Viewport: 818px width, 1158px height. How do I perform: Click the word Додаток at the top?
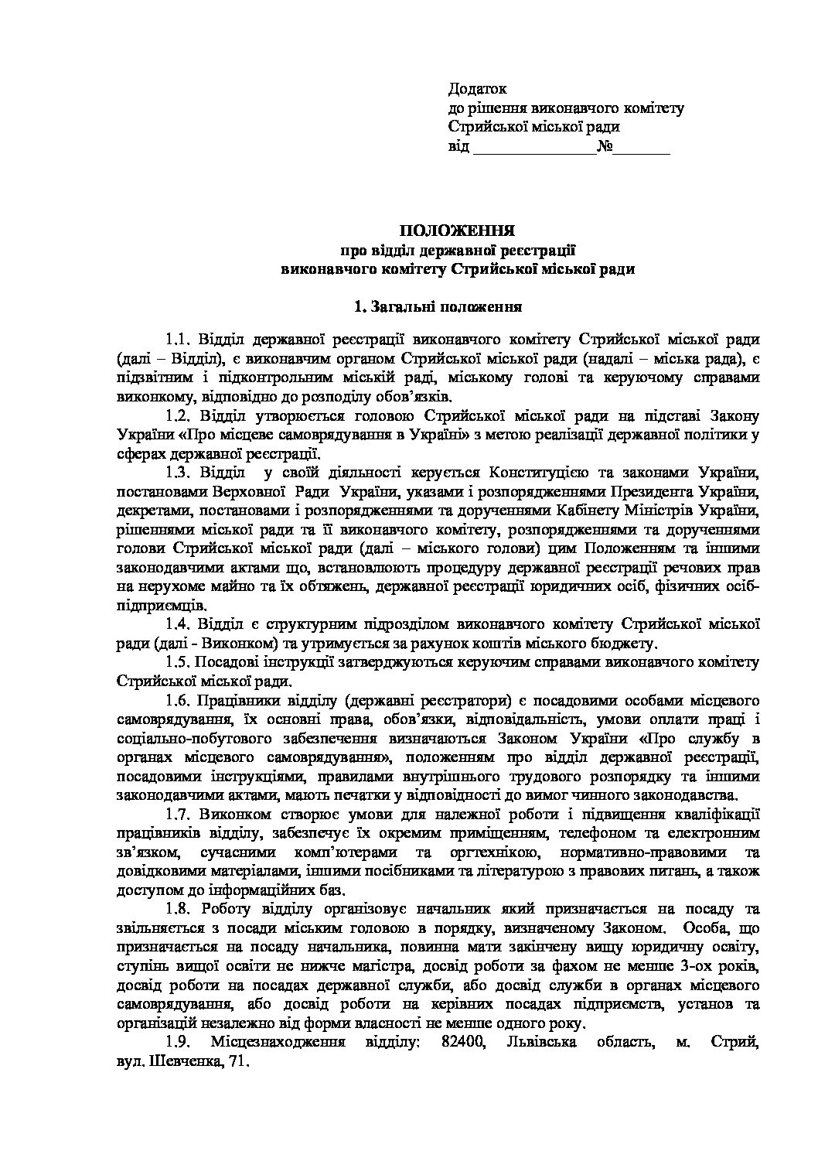[477, 90]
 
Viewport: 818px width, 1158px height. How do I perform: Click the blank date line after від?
[533, 148]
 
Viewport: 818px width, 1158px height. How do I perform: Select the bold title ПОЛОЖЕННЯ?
[457, 230]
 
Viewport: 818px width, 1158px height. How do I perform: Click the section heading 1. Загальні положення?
[437, 307]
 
